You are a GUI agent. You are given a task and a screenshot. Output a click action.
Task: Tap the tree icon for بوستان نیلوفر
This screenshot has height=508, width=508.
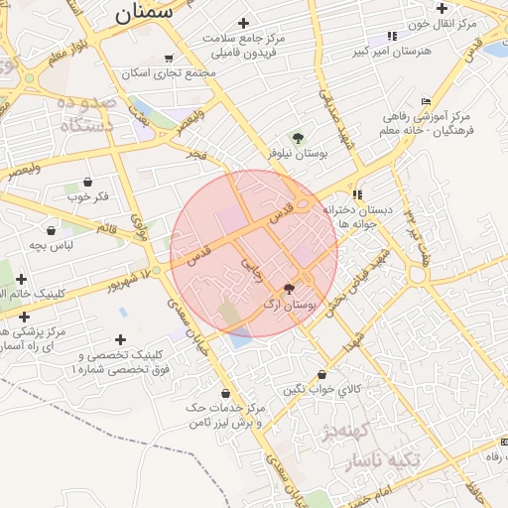297,137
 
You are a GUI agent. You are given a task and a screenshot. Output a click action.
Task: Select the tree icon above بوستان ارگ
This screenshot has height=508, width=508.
289,290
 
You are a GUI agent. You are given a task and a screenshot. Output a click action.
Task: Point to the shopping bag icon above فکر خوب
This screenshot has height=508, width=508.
89,182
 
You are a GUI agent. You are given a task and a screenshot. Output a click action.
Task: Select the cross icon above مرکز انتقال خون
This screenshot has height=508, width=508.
442,8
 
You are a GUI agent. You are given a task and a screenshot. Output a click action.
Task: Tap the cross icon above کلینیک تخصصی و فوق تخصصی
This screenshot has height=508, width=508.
122,339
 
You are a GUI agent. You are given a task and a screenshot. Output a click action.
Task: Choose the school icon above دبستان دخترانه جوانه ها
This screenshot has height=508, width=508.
356,194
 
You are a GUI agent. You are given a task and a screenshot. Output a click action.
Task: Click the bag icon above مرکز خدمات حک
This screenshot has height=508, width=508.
225,393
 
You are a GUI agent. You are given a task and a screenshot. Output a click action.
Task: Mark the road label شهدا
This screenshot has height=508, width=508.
352,348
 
